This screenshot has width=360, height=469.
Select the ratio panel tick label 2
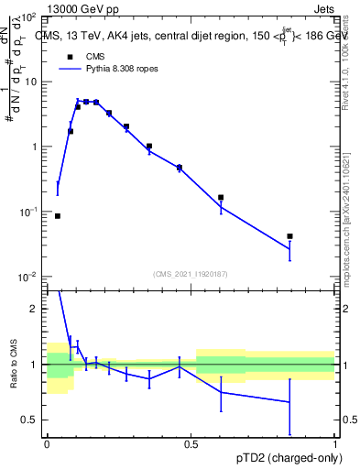tap(37, 310)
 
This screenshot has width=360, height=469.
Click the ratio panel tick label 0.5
tap(32, 420)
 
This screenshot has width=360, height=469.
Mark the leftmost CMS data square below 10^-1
tap(58, 216)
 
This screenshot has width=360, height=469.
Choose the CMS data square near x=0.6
tap(221, 197)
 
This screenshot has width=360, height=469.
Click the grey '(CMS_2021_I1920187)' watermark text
tap(190, 274)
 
